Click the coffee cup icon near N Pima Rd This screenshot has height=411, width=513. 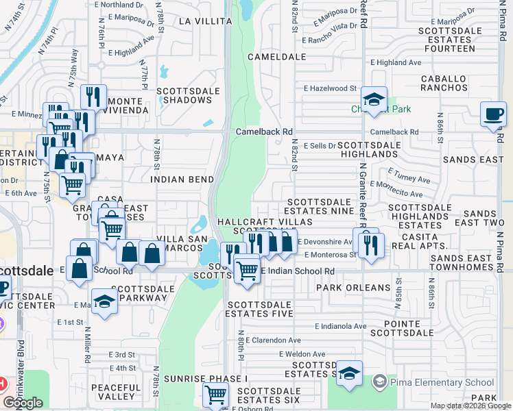point(494,114)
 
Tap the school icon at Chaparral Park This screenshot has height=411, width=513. point(374,101)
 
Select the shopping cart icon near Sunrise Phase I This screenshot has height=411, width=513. point(216,395)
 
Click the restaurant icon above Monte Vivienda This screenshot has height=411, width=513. point(93,97)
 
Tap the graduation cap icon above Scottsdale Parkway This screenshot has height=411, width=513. point(104,301)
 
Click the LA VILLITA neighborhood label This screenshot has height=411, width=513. point(205,21)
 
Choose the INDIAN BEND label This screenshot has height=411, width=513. point(179,179)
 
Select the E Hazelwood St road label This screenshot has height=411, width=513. point(331,88)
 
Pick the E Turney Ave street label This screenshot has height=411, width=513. point(409,176)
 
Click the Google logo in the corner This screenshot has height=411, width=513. point(23,403)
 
